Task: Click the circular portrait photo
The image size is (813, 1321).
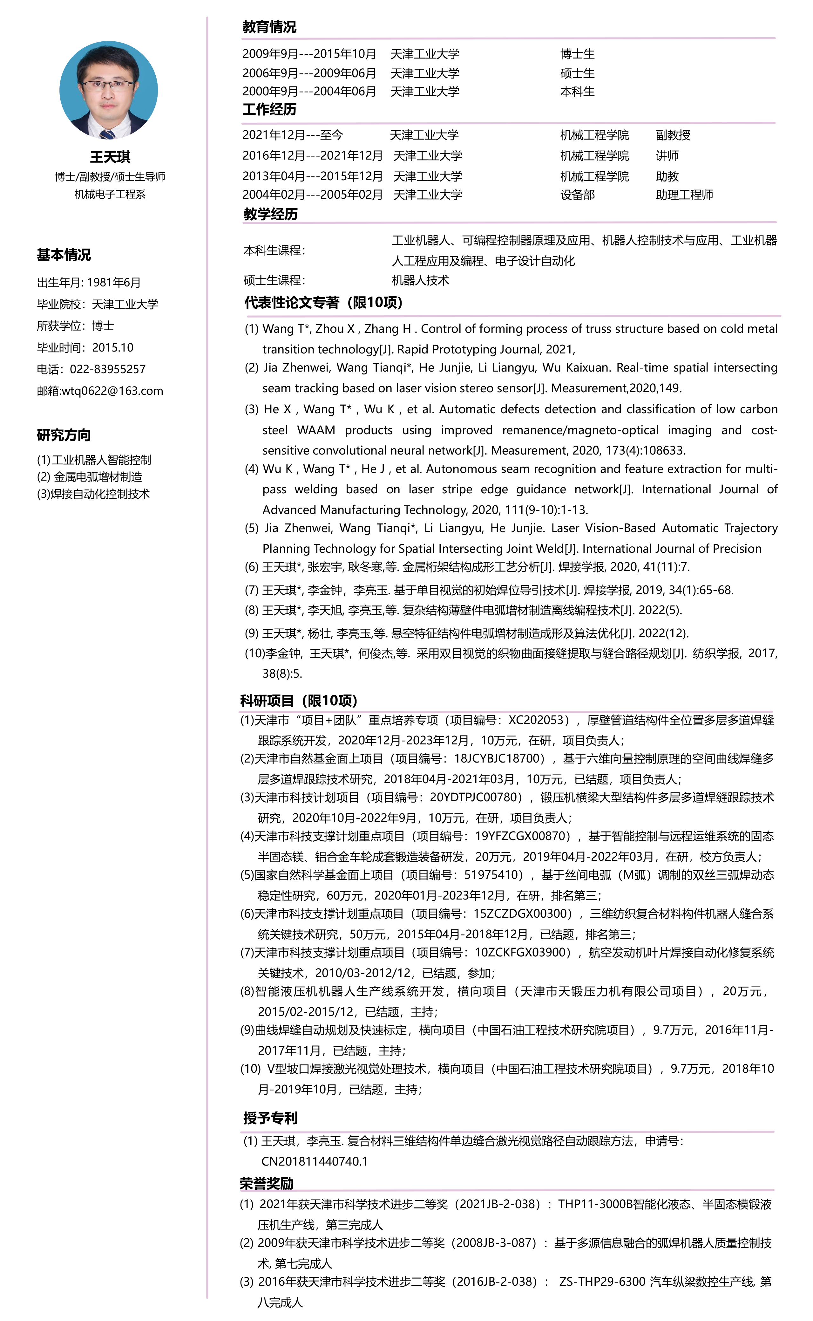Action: click(x=109, y=90)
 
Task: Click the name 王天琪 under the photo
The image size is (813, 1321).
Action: click(x=110, y=157)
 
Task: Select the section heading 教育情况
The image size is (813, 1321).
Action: click(x=269, y=27)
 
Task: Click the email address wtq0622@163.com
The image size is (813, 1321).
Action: click(x=112, y=391)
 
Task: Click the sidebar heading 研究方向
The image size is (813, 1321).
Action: click(x=64, y=435)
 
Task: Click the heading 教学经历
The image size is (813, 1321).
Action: click(x=270, y=214)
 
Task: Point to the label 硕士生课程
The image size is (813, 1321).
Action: click(x=274, y=280)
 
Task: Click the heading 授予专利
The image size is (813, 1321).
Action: click(x=270, y=1118)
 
